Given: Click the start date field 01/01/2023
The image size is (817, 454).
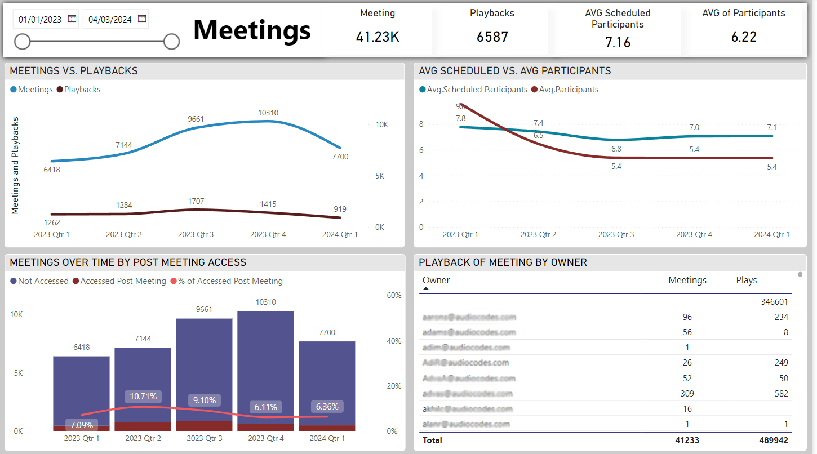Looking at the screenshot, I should pyautogui.click(x=39, y=19).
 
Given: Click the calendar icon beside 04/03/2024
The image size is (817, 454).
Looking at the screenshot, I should pyautogui.click(x=142, y=19).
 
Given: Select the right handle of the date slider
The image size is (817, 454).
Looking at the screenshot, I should pyautogui.click(x=171, y=41).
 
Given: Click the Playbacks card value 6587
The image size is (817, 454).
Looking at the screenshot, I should pyautogui.click(x=492, y=37).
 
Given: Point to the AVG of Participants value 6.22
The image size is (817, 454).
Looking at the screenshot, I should pyautogui.click(x=743, y=37).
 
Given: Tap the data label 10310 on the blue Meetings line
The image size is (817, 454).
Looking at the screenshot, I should pyautogui.click(x=268, y=113).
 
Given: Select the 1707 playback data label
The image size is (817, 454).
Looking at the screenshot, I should pyautogui.click(x=196, y=201).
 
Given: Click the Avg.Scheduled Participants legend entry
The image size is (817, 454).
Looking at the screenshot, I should pyautogui.click(x=473, y=90).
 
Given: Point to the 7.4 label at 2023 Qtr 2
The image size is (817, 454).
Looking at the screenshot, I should pyautogui.click(x=538, y=123).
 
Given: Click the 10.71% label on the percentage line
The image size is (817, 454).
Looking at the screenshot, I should pyautogui.click(x=143, y=396).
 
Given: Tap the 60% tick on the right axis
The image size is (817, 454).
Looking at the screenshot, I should pyautogui.click(x=393, y=295).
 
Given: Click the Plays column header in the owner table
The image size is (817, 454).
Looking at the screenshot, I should pyautogui.click(x=746, y=280).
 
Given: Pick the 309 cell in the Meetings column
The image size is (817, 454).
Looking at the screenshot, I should pyautogui.click(x=687, y=394).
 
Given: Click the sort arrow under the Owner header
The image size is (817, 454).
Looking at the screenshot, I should pyautogui.click(x=426, y=288).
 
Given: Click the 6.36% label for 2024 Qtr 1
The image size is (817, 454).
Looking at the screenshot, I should pyautogui.click(x=327, y=407).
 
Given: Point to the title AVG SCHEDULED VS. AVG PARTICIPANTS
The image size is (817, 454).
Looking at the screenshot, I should pyautogui.click(x=514, y=71).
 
